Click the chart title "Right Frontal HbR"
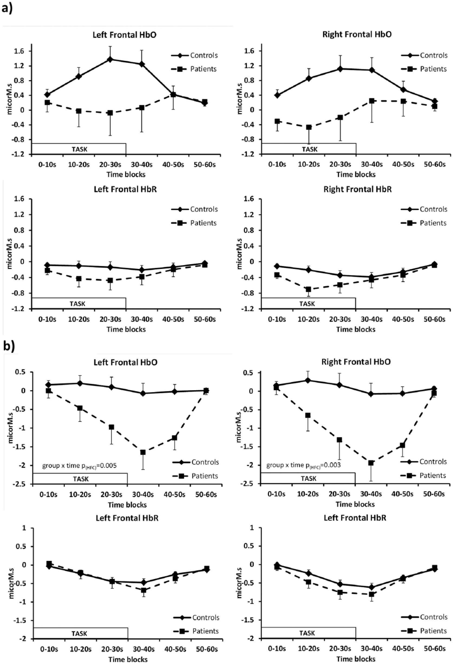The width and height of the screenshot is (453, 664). click(x=357, y=189)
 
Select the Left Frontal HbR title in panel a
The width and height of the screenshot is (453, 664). click(x=125, y=189)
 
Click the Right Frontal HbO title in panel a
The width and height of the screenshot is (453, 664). click(x=357, y=34)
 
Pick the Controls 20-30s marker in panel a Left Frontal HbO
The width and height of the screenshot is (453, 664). click(x=110, y=59)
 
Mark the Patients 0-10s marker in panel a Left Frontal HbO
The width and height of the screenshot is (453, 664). click(x=47, y=102)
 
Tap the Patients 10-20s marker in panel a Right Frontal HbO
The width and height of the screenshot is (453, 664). click(x=309, y=127)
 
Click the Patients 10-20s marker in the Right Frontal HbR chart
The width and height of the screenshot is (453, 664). click(x=308, y=290)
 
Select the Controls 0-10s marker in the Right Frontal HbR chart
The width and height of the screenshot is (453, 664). click(x=276, y=266)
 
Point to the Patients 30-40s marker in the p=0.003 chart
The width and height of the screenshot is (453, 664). click(x=371, y=463)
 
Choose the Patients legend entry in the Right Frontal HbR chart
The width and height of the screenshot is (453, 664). click(x=423, y=223)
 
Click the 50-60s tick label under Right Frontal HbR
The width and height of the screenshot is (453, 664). click(x=434, y=319)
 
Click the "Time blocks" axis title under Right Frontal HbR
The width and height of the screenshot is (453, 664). click(x=356, y=329)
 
